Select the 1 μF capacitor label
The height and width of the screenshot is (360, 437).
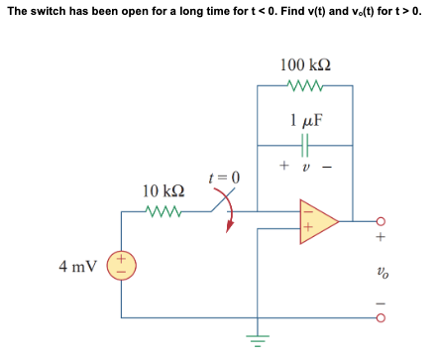point(306,122)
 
